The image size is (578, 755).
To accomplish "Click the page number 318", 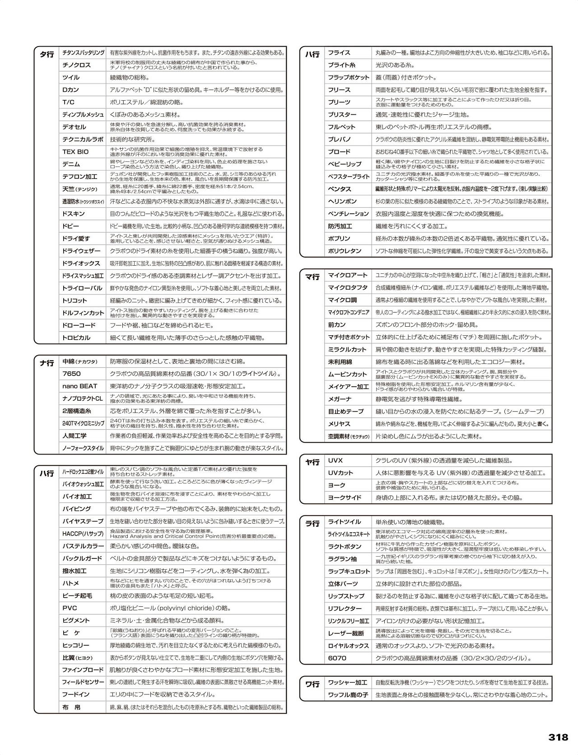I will (x=558, y=737).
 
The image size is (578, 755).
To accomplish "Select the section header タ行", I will (x=47, y=54).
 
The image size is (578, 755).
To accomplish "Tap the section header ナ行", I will (x=47, y=363).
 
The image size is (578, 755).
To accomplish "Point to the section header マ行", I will (x=312, y=277).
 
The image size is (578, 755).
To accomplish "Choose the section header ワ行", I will (x=312, y=684).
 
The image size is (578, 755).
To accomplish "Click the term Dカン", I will (x=70, y=90).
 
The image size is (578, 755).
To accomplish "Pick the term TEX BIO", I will (x=75, y=152).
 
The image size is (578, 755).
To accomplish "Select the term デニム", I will (x=71, y=164).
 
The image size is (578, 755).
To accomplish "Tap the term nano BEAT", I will (x=79, y=386).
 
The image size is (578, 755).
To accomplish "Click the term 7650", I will (x=71, y=374).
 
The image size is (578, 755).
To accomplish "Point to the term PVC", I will (x=70, y=608).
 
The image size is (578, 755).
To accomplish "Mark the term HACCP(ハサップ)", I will (x=83, y=534).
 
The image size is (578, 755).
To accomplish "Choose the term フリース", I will (x=339, y=90).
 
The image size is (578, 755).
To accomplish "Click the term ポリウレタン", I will (x=345, y=251).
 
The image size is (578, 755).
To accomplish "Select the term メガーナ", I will (x=339, y=399).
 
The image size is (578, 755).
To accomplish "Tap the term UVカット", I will (x=340, y=473).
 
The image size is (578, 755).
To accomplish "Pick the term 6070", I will (x=337, y=658).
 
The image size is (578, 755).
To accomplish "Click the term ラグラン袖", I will (x=342, y=559).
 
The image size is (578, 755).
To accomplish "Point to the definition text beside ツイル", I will (x=130, y=78).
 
